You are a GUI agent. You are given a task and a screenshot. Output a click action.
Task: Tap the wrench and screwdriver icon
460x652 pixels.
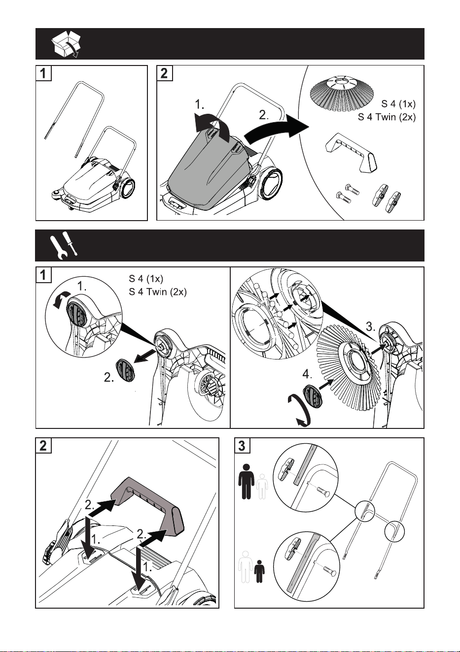[64, 246]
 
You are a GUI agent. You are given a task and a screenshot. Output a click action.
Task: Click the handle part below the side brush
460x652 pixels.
[351, 153]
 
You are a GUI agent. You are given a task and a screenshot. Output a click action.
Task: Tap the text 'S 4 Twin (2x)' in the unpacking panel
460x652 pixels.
[387, 117]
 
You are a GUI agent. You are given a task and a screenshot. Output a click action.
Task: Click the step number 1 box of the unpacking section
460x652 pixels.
[43, 73]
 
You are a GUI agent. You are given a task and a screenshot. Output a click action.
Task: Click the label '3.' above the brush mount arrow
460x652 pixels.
[370, 327]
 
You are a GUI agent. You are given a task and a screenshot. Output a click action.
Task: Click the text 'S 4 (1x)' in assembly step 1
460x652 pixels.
[146, 279]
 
